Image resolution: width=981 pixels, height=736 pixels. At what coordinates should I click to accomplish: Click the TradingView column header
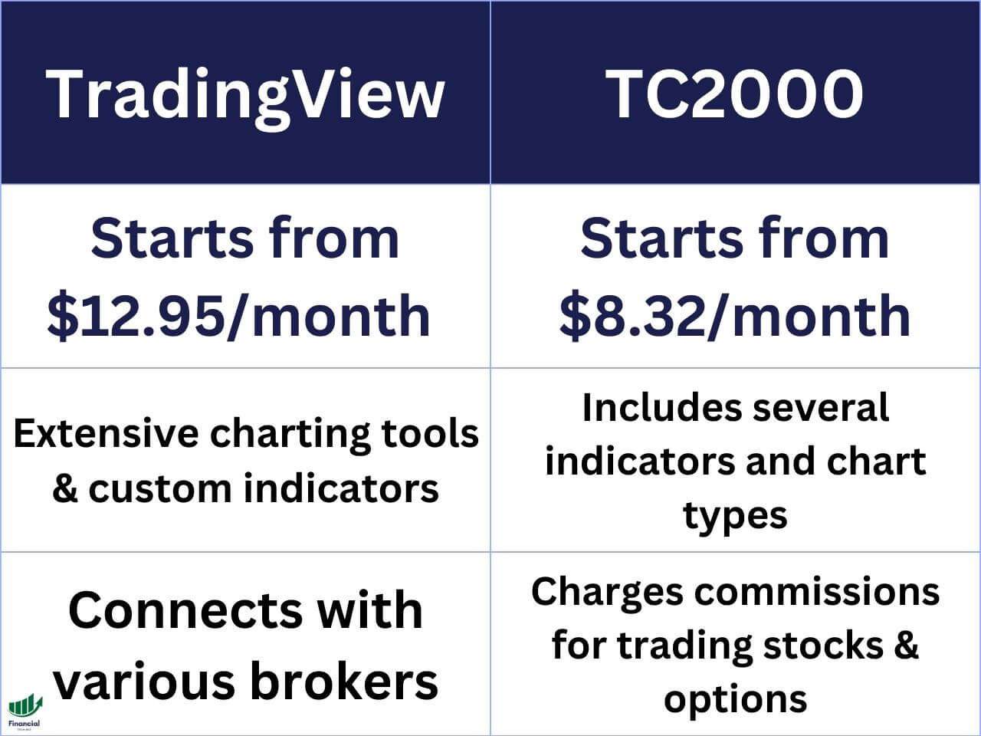[x=245, y=94]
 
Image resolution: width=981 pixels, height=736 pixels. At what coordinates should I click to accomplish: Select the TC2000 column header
[x=735, y=94]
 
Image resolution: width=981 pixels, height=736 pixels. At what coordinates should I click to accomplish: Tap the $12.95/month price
[x=239, y=315]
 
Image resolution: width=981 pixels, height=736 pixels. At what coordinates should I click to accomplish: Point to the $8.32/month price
[x=735, y=315]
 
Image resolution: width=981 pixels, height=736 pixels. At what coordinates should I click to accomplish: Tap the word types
[x=735, y=515]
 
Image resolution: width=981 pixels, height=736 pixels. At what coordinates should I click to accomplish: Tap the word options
[x=735, y=699]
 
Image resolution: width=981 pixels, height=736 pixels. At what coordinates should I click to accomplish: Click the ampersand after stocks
[x=906, y=645]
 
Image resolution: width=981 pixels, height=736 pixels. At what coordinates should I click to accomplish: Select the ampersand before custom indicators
[x=65, y=488]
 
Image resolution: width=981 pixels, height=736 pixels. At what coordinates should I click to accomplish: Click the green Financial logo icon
[x=25, y=706]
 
